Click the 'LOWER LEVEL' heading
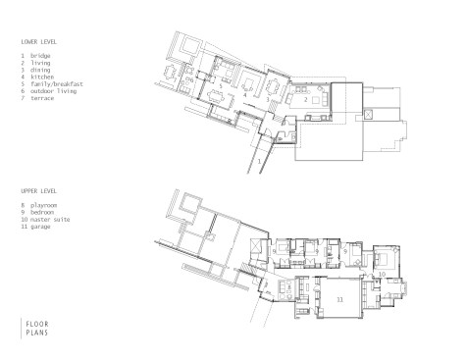coord(38,42)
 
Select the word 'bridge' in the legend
coord(40,56)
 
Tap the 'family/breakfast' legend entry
coord(57,84)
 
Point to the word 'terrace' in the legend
coord(42,98)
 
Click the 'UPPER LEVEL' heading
coord(38,191)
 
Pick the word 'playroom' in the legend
coord(43,205)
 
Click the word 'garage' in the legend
coord(40,227)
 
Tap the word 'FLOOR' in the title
coord(37,324)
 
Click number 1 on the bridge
coord(260,161)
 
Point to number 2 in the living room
coord(305,100)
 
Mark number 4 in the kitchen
coord(244,95)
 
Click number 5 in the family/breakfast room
coord(221,86)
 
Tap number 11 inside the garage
coord(340,299)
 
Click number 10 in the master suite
coord(382,274)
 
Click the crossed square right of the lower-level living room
coord(369,115)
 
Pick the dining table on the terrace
coord(170,73)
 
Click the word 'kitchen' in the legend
coord(42,77)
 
